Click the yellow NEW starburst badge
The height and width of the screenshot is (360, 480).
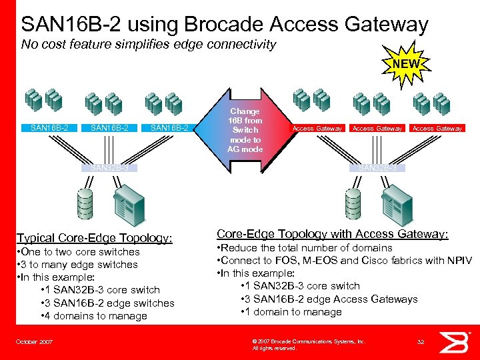pyautogui.click(x=407, y=65)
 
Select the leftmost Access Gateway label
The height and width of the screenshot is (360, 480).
pyautogui.click(x=317, y=128)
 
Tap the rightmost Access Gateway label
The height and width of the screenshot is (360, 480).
pyautogui.click(x=437, y=128)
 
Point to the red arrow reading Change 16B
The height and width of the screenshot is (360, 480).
pyautogui.click(x=245, y=130)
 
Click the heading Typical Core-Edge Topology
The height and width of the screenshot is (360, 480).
pyautogui.click(x=94, y=238)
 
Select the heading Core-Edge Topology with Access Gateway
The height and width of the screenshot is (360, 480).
pyautogui.click(x=333, y=234)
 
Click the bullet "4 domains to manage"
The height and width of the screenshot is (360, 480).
pyautogui.click(x=93, y=315)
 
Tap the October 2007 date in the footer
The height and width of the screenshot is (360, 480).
pyautogui.click(x=34, y=341)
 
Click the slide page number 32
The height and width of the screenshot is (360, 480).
pyautogui.click(x=421, y=341)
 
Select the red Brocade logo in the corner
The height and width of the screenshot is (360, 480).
pyautogui.click(x=459, y=341)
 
